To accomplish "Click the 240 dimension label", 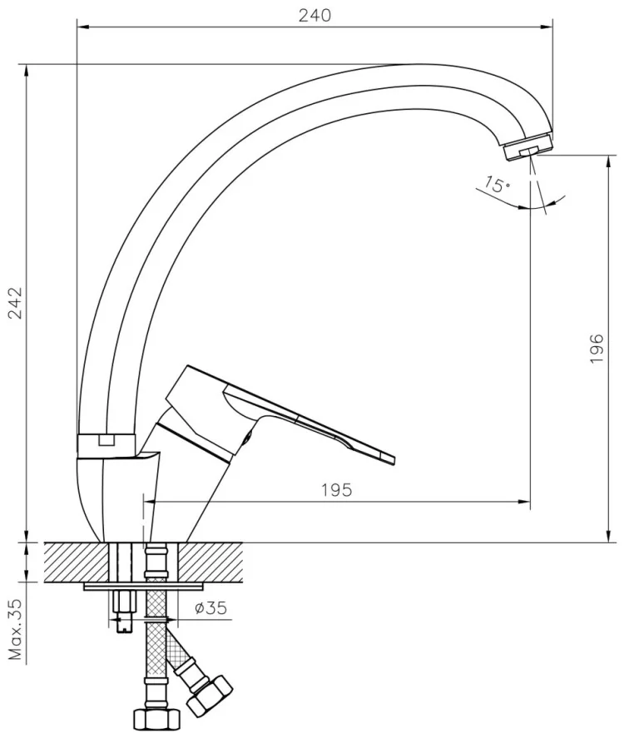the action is (314, 15).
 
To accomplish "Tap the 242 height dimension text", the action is (17, 303).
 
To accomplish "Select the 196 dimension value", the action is (597, 349).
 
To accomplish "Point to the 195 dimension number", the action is (337, 490).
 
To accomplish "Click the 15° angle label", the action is (497, 184).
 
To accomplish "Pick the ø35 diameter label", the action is (211, 608).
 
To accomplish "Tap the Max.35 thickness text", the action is (17, 629).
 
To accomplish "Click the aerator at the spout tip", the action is (528, 146).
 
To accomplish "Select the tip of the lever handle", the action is (393, 460).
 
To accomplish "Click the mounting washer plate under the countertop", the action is (146, 587).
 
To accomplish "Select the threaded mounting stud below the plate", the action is (123, 612).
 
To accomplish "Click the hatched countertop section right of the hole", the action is (210, 562).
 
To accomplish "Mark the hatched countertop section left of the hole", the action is (77, 562).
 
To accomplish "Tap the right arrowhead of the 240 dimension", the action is (547, 27).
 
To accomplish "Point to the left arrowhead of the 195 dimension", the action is (150, 503).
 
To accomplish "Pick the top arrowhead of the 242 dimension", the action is (27, 71).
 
